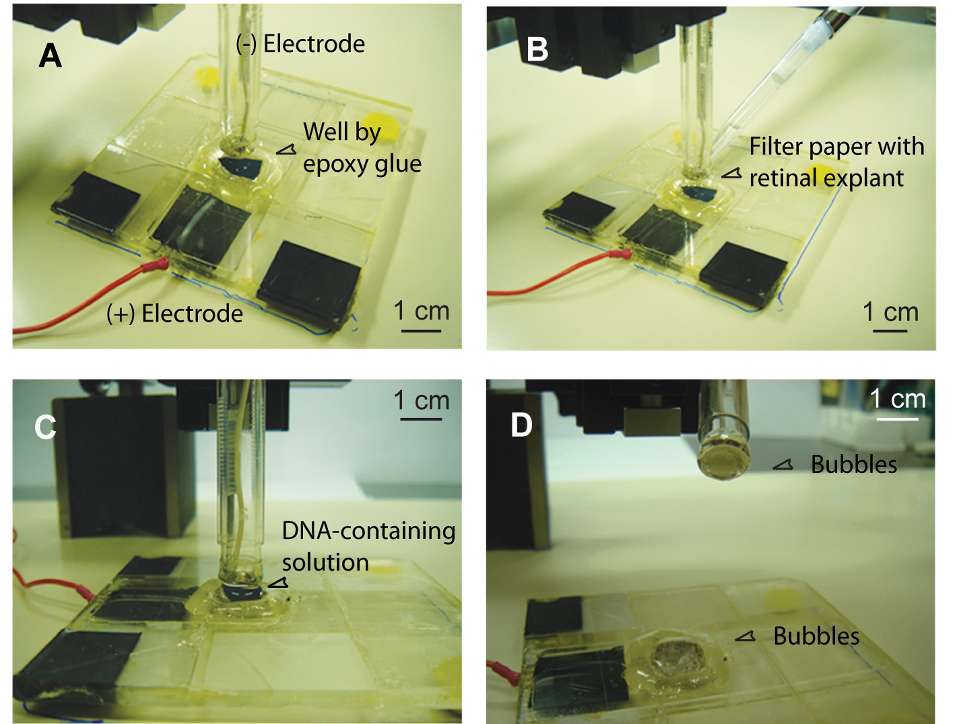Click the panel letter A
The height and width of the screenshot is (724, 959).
pyautogui.click(x=50, y=57)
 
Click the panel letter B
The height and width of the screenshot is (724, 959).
pyautogui.click(x=537, y=50)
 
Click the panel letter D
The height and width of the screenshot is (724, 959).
pyautogui.click(x=522, y=425)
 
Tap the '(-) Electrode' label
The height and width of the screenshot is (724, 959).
pyautogui.click(x=300, y=44)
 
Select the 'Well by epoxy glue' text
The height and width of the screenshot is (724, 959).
pyautogui.click(x=362, y=147)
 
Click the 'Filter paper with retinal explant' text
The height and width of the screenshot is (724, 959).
pyautogui.click(x=836, y=162)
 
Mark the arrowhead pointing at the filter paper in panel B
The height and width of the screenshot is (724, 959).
pyautogui.click(x=732, y=174)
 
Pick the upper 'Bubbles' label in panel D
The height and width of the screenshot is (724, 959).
pyautogui.click(x=853, y=464)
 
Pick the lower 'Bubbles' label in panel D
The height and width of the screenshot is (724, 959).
pyautogui.click(x=816, y=636)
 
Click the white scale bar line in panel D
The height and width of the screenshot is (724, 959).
pyautogui.click(x=897, y=419)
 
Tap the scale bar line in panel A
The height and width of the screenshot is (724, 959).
pyautogui.click(x=421, y=331)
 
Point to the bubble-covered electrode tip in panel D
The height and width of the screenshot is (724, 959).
pyautogui.click(x=723, y=464)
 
